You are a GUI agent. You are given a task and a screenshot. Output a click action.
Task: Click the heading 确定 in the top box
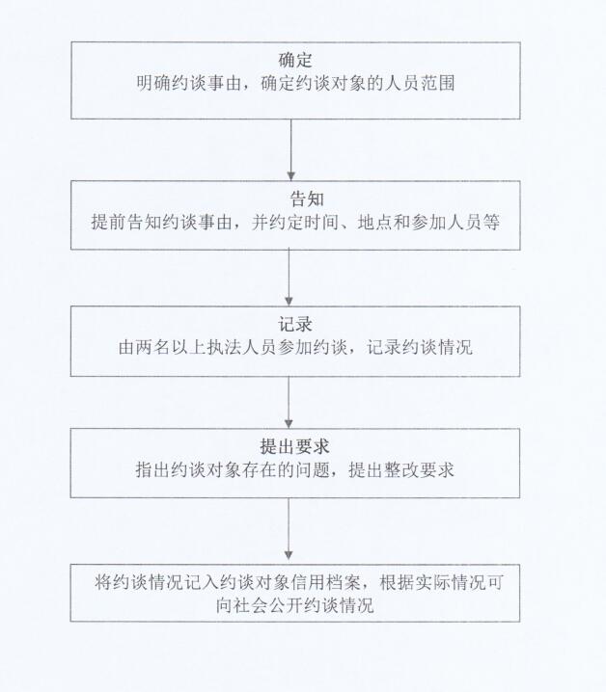295,60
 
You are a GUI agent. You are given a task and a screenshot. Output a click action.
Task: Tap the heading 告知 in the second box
307,200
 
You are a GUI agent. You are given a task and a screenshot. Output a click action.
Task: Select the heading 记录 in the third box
295,325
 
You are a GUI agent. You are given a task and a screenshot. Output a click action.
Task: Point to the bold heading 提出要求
295,446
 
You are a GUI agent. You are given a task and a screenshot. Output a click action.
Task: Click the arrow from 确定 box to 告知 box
290,150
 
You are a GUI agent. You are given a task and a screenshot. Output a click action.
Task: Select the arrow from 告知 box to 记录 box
289,278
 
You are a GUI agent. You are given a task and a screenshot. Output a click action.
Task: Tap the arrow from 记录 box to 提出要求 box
289,402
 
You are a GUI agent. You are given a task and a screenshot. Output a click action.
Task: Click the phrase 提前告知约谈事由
162,222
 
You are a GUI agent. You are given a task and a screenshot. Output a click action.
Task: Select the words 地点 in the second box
375,222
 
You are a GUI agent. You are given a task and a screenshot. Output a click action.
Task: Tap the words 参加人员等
454,222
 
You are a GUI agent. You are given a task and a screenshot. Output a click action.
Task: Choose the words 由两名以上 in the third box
162,347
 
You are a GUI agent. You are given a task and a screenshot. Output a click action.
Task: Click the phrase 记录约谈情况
420,347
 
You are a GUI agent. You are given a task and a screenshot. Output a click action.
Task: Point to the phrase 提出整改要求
401,469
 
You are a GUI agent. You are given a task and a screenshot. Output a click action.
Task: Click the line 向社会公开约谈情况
295,605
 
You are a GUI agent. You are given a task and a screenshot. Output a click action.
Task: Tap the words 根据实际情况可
441,582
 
